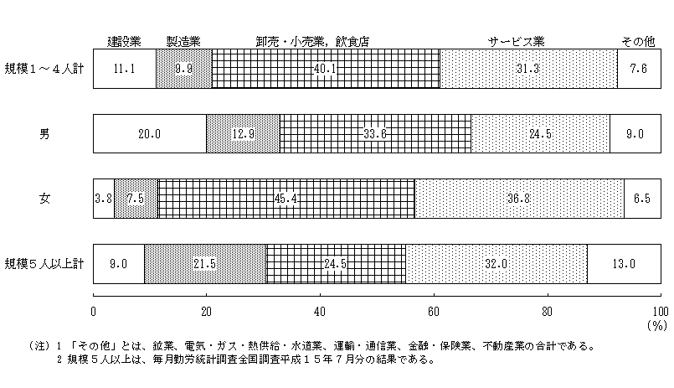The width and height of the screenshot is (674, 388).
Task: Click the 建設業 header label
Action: click(x=124, y=42)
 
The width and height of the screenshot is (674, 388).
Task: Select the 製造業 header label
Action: click(x=183, y=42)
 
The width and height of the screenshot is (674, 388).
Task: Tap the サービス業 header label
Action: click(x=517, y=42)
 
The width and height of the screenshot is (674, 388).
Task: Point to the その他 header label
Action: click(x=638, y=42)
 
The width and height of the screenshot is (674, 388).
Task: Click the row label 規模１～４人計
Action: click(x=44, y=69)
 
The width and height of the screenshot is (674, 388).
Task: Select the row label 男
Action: click(x=44, y=134)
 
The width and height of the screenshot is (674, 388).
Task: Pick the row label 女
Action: click(x=44, y=199)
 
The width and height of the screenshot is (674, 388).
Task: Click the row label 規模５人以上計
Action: click(x=44, y=264)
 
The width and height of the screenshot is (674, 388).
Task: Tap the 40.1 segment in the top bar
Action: click(x=326, y=69)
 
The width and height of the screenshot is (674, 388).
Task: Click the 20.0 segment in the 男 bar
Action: click(x=150, y=134)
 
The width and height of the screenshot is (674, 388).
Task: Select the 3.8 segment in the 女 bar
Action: click(x=104, y=199)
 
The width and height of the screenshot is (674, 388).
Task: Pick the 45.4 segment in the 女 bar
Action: click(x=286, y=199)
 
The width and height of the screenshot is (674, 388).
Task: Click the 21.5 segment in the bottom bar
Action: click(x=205, y=264)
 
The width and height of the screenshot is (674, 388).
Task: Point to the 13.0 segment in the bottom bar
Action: click(x=624, y=264)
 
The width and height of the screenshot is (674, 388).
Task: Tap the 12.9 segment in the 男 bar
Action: click(x=243, y=134)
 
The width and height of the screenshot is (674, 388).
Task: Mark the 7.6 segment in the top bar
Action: click(x=639, y=69)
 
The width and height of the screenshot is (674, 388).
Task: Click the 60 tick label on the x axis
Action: click(x=434, y=312)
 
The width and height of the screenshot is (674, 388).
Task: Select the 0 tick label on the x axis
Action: click(x=93, y=312)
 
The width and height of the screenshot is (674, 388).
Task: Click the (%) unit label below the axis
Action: click(x=657, y=326)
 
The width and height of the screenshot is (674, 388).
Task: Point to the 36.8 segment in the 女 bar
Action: click(x=519, y=199)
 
